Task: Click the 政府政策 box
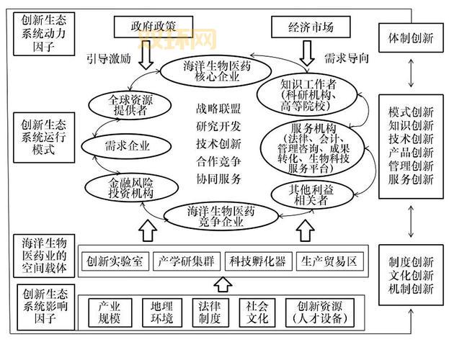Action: pos(153,27)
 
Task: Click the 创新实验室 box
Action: pos(115,261)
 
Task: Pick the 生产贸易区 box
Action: pos(328,261)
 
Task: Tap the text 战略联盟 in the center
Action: pos(218,109)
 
